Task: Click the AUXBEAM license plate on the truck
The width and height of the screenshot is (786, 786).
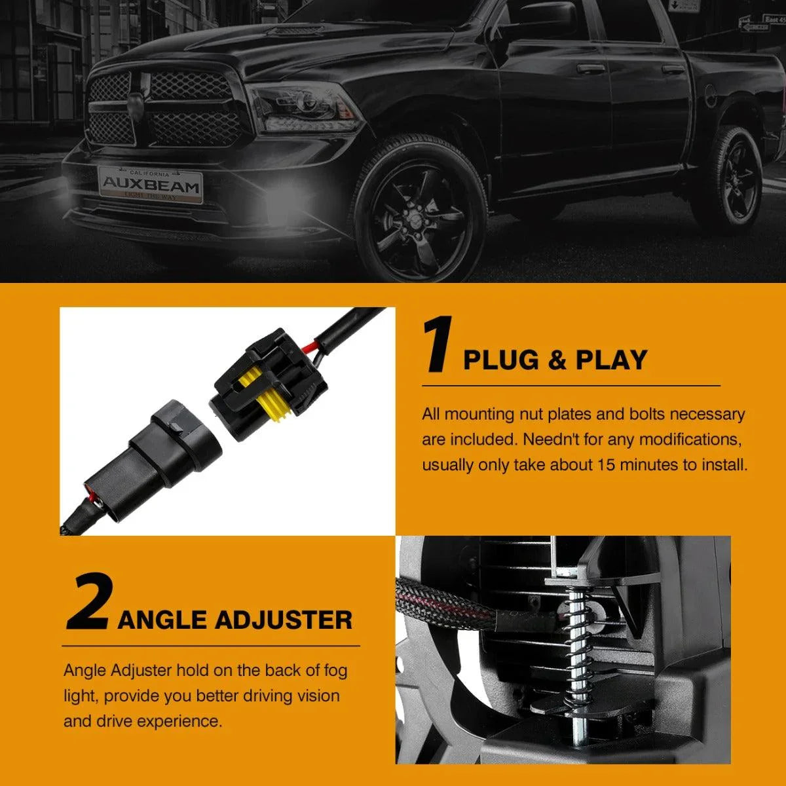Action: [x=150, y=185]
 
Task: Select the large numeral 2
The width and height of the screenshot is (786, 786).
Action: [x=88, y=602]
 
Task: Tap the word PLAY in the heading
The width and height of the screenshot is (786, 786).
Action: [x=611, y=360]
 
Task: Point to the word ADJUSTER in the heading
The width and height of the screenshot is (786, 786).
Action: [x=283, y=620]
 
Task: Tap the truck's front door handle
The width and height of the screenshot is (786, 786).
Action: [x=591, y=68]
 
